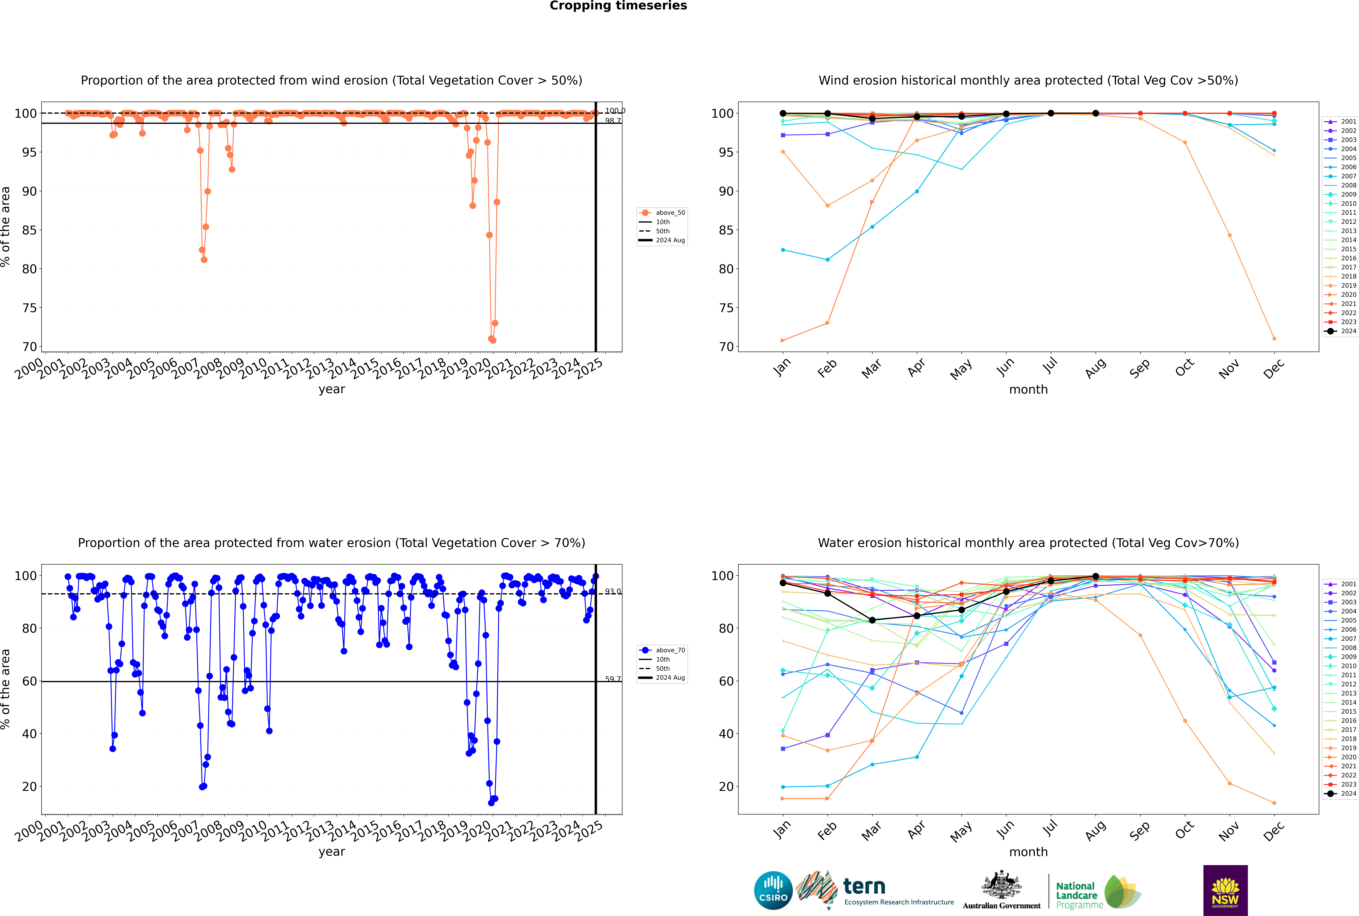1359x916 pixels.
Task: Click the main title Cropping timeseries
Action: (x=618, y=6)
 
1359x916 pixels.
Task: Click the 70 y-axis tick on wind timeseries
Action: (x=29, y=347)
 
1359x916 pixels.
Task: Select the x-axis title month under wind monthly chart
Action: (x=1028, y=390)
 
